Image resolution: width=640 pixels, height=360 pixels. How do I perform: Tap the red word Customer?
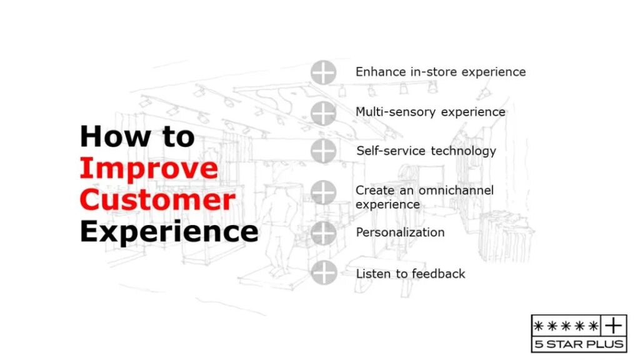coord(157,199)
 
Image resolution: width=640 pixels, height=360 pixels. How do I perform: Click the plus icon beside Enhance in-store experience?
coord(323,72)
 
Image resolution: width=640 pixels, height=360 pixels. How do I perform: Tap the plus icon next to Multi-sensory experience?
coord(323,113)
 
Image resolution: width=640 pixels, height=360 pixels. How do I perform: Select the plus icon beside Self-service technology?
coord(323,151)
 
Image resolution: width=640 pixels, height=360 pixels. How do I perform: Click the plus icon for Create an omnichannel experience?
coord(323,192)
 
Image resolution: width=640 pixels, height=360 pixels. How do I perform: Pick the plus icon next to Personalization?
coord(323,233)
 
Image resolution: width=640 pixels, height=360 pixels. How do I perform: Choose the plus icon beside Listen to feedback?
coord(324,272)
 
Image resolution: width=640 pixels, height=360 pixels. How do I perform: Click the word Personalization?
coord(401,232)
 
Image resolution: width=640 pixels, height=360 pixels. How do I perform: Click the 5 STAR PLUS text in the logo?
coord(579,344)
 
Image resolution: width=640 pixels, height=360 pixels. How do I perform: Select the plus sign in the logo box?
coord(614,326)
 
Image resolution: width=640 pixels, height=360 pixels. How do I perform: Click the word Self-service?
coord(391,151)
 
